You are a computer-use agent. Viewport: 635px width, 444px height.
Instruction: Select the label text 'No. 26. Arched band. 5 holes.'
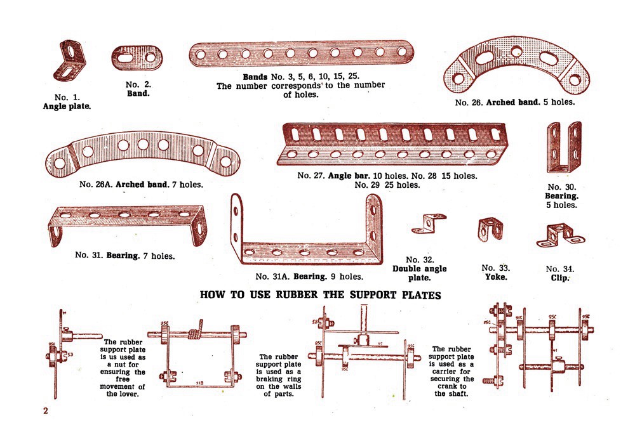point(514,102)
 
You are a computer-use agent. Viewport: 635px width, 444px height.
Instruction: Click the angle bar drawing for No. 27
point(385,142)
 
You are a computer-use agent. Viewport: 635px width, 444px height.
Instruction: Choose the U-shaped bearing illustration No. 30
point(563,148)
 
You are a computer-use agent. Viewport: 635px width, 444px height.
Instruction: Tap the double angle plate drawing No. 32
point(429,223)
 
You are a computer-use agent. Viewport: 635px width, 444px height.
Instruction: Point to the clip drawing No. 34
point(559,235)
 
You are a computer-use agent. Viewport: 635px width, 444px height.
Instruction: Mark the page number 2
point(46,410)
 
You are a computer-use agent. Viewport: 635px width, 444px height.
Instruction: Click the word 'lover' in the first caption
point(130,395)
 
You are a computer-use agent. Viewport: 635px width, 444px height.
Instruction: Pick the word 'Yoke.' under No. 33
point(496,277)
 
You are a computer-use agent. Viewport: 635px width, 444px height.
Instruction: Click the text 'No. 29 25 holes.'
point(387,185)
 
